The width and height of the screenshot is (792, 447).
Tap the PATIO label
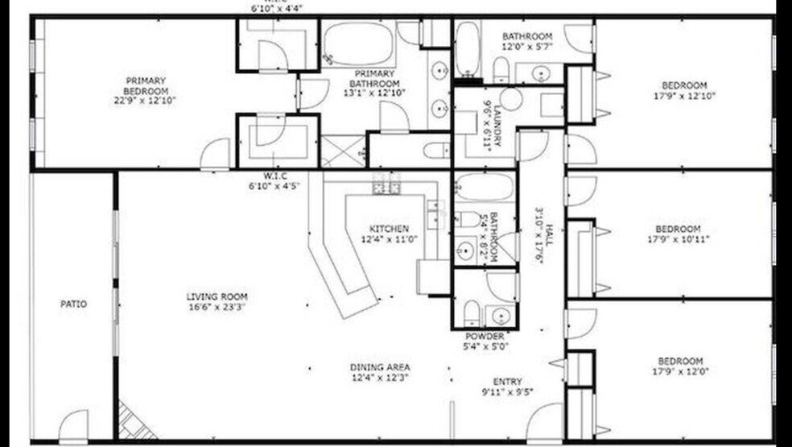click(73, 304)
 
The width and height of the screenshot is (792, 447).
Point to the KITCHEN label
click(390, 229)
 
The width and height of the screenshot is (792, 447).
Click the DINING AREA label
click(375, 367)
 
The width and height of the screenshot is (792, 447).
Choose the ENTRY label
click(507, 382)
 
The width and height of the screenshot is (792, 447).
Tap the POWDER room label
click(485, 336)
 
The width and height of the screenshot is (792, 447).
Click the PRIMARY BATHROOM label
click(374, 78)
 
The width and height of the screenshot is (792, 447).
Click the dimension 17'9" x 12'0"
click(680, 371)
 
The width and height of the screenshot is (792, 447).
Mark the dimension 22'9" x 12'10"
click(145, 101)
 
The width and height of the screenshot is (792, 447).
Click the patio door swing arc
click(75, 424)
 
